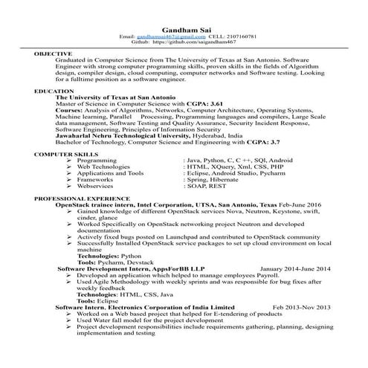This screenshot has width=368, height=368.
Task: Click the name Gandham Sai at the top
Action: pyautogui.click(x=183, y=27)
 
